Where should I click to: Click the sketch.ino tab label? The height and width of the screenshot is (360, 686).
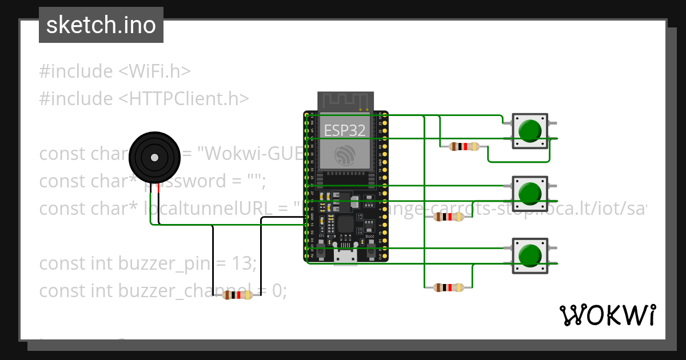pos(101,25)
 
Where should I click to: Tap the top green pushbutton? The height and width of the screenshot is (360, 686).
pos(530,131)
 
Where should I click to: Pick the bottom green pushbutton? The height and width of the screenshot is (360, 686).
pos(530,255)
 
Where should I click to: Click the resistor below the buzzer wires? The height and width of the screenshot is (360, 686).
pos(237,295)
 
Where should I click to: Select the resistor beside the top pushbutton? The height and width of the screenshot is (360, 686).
pos(464,147)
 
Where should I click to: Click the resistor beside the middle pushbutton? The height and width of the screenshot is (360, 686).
pos(449,217)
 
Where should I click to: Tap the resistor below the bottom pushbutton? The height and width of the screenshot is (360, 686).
pos(449,287)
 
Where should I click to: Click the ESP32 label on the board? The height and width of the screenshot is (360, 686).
pos(345,130)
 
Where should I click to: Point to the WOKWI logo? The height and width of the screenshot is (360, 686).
pos(607,315)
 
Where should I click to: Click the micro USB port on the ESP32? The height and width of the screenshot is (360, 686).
pos(346,258)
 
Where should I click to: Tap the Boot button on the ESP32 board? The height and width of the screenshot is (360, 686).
pos(370,250)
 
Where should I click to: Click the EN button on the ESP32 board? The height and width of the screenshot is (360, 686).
pos(322,250)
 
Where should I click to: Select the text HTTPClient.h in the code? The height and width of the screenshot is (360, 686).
pos(184,99)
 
